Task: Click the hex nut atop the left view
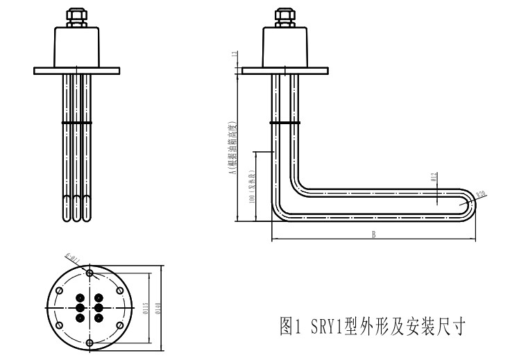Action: [x=76, y=15]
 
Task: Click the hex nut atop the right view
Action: [x=284, y=15]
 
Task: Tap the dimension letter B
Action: [x=373, y=234]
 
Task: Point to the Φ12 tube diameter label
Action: [x=434, y=178]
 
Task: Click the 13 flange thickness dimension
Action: [x=235, y=54]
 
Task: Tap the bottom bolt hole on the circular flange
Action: [x=89, y=342]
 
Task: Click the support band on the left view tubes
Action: [x=77, y=122]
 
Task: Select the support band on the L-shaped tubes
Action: [x=285, y=122]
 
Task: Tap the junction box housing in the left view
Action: [x=77, y=45]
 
